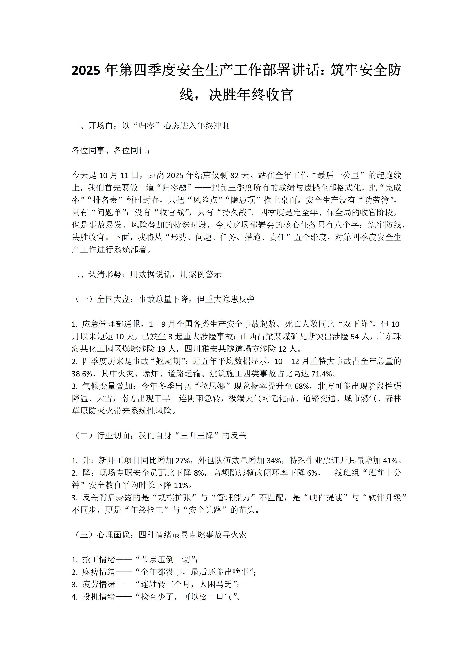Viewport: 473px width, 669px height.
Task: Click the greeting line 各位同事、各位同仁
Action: tap(111, 151)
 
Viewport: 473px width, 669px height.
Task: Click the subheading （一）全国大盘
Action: tap(163, 299)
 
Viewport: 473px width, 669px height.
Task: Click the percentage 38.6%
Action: tap(83, 374)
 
